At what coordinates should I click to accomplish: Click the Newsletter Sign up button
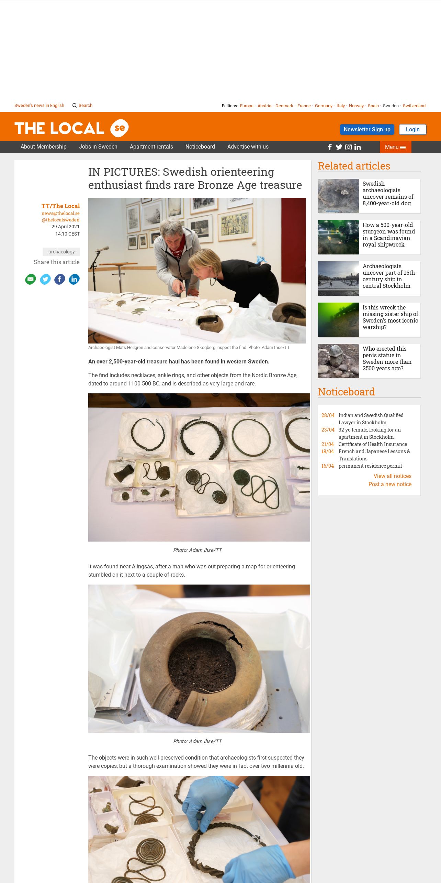[367, 129]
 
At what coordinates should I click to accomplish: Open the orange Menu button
[395, 147]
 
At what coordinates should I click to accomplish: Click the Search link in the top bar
[82, 106]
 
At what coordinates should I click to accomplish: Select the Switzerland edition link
[414, 106]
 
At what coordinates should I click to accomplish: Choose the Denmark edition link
[284, 106]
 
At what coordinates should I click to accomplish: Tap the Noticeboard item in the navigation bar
[200, 147]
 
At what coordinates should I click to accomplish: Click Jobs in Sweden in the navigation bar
[98, 147]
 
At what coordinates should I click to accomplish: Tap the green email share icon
[31, 279]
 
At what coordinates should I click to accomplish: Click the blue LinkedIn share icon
[74, 279]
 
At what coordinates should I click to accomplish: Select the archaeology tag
[61, 252]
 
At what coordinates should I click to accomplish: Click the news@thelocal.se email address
[60, 214]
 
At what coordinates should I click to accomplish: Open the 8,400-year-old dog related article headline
[388, 194]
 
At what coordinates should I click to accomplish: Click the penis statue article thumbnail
[339, 361]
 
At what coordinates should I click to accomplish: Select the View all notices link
[392, 476]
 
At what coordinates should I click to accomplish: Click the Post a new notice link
[390, 484]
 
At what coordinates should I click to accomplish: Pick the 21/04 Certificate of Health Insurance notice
[364, 444]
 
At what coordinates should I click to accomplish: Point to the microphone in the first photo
[102, 249]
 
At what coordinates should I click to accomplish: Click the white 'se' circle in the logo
[120, 128]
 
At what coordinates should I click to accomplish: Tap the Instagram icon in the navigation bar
[348, 147]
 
